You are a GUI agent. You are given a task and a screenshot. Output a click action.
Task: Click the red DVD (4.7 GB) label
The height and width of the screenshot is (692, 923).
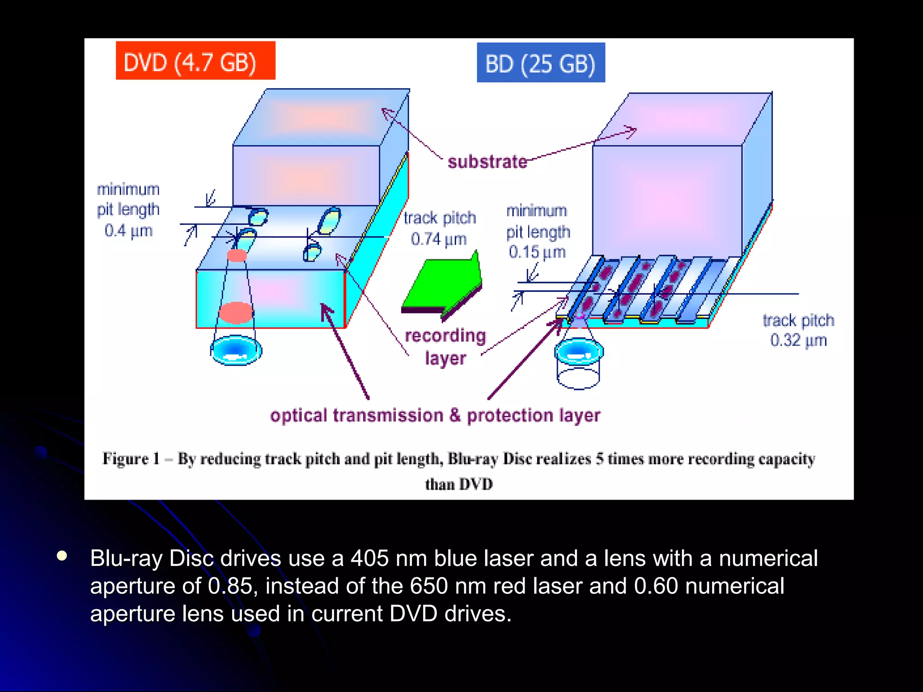tap(196, 60)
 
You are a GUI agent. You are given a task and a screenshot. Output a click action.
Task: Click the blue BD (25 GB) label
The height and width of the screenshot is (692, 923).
tap(541, 63)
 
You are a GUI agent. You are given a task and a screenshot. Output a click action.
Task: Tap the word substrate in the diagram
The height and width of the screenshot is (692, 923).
tap(487, 162)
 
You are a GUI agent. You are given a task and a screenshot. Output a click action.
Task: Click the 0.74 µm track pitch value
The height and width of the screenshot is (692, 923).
tap(438, 239)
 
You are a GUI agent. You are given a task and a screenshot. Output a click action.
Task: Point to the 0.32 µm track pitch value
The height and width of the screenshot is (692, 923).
tap(798, 340)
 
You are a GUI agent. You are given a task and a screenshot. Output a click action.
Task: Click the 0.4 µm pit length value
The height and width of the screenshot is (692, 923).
tap(128, 231)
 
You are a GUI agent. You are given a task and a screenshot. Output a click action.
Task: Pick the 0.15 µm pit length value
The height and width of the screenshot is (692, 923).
tap(537, 252)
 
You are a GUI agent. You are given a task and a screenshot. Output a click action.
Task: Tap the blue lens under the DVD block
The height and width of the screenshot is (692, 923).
tap(236, 350)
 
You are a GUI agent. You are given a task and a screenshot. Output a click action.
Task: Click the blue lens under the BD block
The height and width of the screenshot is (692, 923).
tap(579, 351)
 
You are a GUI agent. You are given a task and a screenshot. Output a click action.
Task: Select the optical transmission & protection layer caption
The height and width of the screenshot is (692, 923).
tap(435, 415)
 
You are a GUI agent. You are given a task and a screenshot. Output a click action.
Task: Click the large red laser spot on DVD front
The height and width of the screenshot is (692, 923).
tap(236, 313)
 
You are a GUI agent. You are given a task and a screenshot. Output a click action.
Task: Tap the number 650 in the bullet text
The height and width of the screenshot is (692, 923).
tap(429, 586)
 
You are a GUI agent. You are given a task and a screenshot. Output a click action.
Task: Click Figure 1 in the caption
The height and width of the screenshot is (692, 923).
tap(131, 459)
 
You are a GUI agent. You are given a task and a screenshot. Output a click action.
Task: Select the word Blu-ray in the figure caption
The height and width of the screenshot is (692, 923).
tap(473, 459)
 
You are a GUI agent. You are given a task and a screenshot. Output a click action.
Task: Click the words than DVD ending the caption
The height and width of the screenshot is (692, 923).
tap(459, 484)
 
